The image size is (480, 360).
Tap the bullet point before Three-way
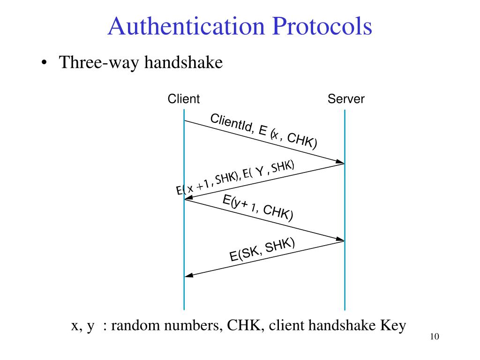(44, 64)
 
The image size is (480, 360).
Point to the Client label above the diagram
(184, 99)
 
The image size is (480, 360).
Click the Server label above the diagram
(346, 99)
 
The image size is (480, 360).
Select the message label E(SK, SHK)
(262, 249)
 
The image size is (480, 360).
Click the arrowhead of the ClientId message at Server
(340, 162)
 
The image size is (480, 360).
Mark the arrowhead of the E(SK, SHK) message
(189, 275)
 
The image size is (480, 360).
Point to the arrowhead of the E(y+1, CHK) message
(340, 240)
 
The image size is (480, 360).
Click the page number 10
(434, 337)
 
